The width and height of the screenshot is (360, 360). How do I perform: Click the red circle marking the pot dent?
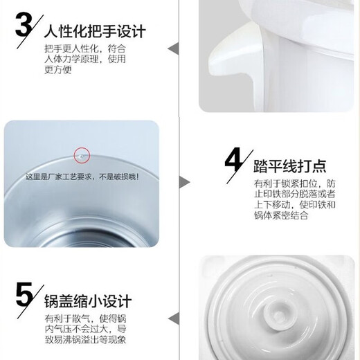tap(82, 155)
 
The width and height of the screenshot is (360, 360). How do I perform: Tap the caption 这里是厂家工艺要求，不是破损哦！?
tap(82, 177)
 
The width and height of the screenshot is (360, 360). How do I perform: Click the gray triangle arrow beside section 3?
tap(174, 48)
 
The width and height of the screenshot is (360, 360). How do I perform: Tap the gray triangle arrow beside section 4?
tap(185, 182)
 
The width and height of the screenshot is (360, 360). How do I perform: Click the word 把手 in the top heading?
tap(97, 33)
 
